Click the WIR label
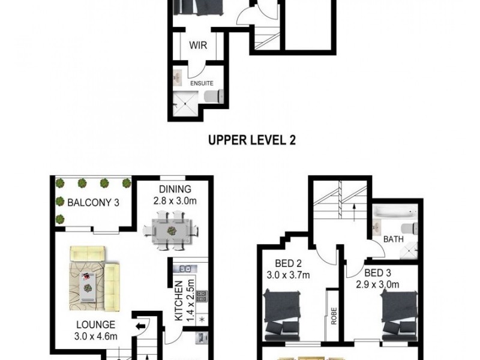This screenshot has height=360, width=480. (198, 45)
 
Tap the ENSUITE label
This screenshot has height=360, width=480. (202, 83)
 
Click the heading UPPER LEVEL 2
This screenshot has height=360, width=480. (252, 140)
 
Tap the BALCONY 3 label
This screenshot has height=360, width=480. (93, 202)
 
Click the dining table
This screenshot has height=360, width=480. (172, 230)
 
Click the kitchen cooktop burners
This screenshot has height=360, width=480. (202, 295)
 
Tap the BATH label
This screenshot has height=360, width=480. (394, 239)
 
